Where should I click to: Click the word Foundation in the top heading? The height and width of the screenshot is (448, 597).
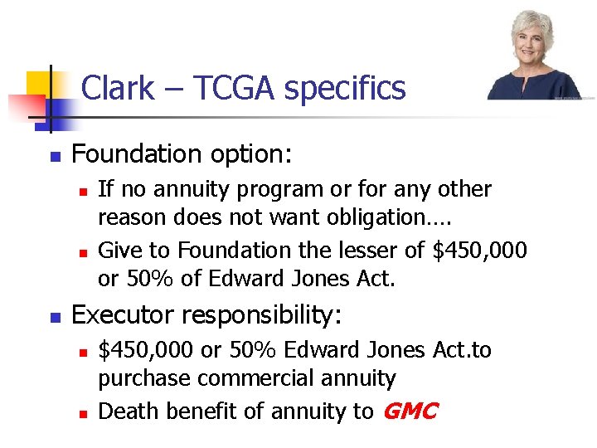(x=132, y=154)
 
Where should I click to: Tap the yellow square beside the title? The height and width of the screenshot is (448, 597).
(x=39, y=85)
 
